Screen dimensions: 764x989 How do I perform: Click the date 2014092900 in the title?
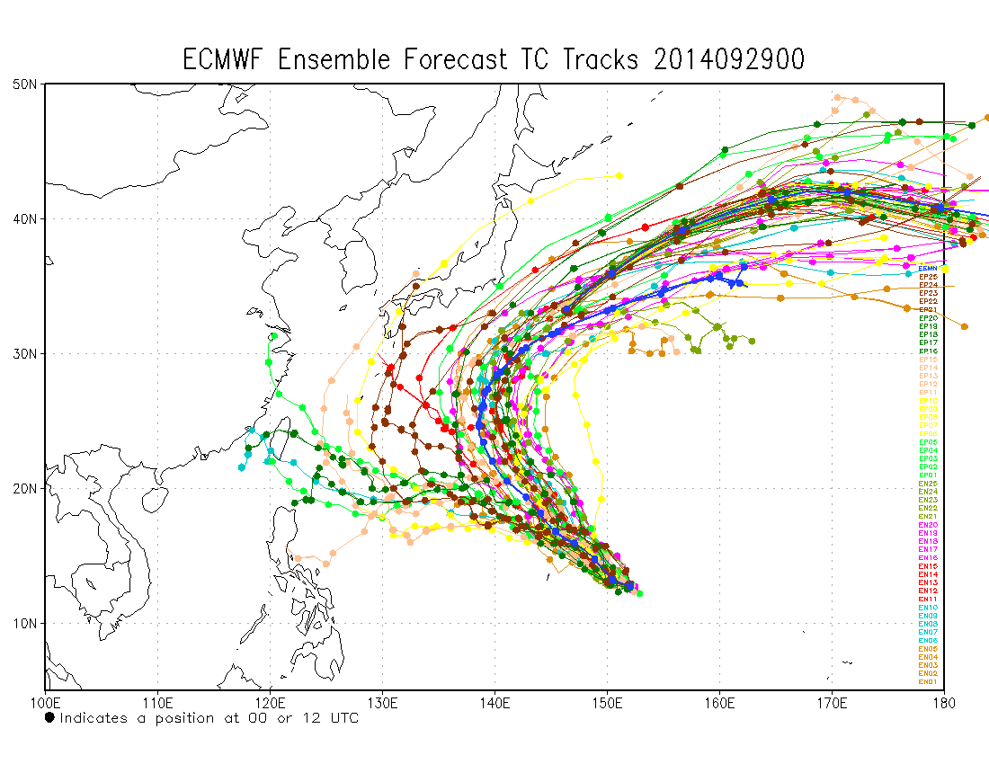[729, 60]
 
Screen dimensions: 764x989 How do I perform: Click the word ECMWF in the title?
[226, 60]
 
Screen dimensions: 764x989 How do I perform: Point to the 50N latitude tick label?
[24, 84]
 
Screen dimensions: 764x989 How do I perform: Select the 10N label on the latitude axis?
[24, 623]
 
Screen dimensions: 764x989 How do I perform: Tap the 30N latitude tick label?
[24, 353]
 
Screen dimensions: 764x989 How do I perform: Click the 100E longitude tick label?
[45, 702]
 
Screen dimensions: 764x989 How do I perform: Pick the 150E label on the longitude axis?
[607, 702]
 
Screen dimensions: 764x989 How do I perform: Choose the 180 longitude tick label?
[944, 702]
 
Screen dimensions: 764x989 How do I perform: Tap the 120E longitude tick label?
[270, 702]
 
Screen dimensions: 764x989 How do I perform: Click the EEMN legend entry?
[928, 269]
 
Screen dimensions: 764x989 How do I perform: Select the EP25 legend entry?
[928, 277]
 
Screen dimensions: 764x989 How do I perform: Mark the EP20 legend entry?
[928, 318]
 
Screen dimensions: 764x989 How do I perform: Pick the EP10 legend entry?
[928, 401]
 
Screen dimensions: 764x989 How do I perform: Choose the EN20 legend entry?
[928, 525]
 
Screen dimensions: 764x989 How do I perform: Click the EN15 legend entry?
[928, 566]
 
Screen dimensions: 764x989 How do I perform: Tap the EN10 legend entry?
[928, 608]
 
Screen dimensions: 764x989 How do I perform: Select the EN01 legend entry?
[928, 682]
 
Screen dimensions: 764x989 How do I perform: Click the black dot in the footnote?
[49, 717]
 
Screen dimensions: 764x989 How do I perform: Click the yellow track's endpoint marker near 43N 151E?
[619, 175]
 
